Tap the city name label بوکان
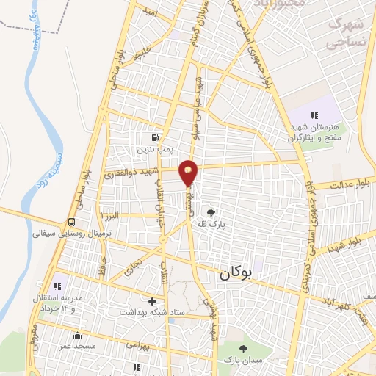pyautogui.click(x=235, y=273)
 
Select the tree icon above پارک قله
pyautogui.click(x=211, y=212)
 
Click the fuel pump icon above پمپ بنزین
pyautogui.click(x=155, y=137)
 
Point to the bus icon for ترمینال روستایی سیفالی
pyautogui.click(x=72, y=222)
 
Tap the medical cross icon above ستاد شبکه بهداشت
pyautogui.click(x=152, y=301)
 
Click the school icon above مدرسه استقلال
pyautogui.click(x=58, y=286)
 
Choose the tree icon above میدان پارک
pyautogui.click(x=243, y=349)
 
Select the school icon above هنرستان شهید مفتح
pyautogui.click(x=314, y=115)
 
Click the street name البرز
pyautogui.click(x=110, y=217)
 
